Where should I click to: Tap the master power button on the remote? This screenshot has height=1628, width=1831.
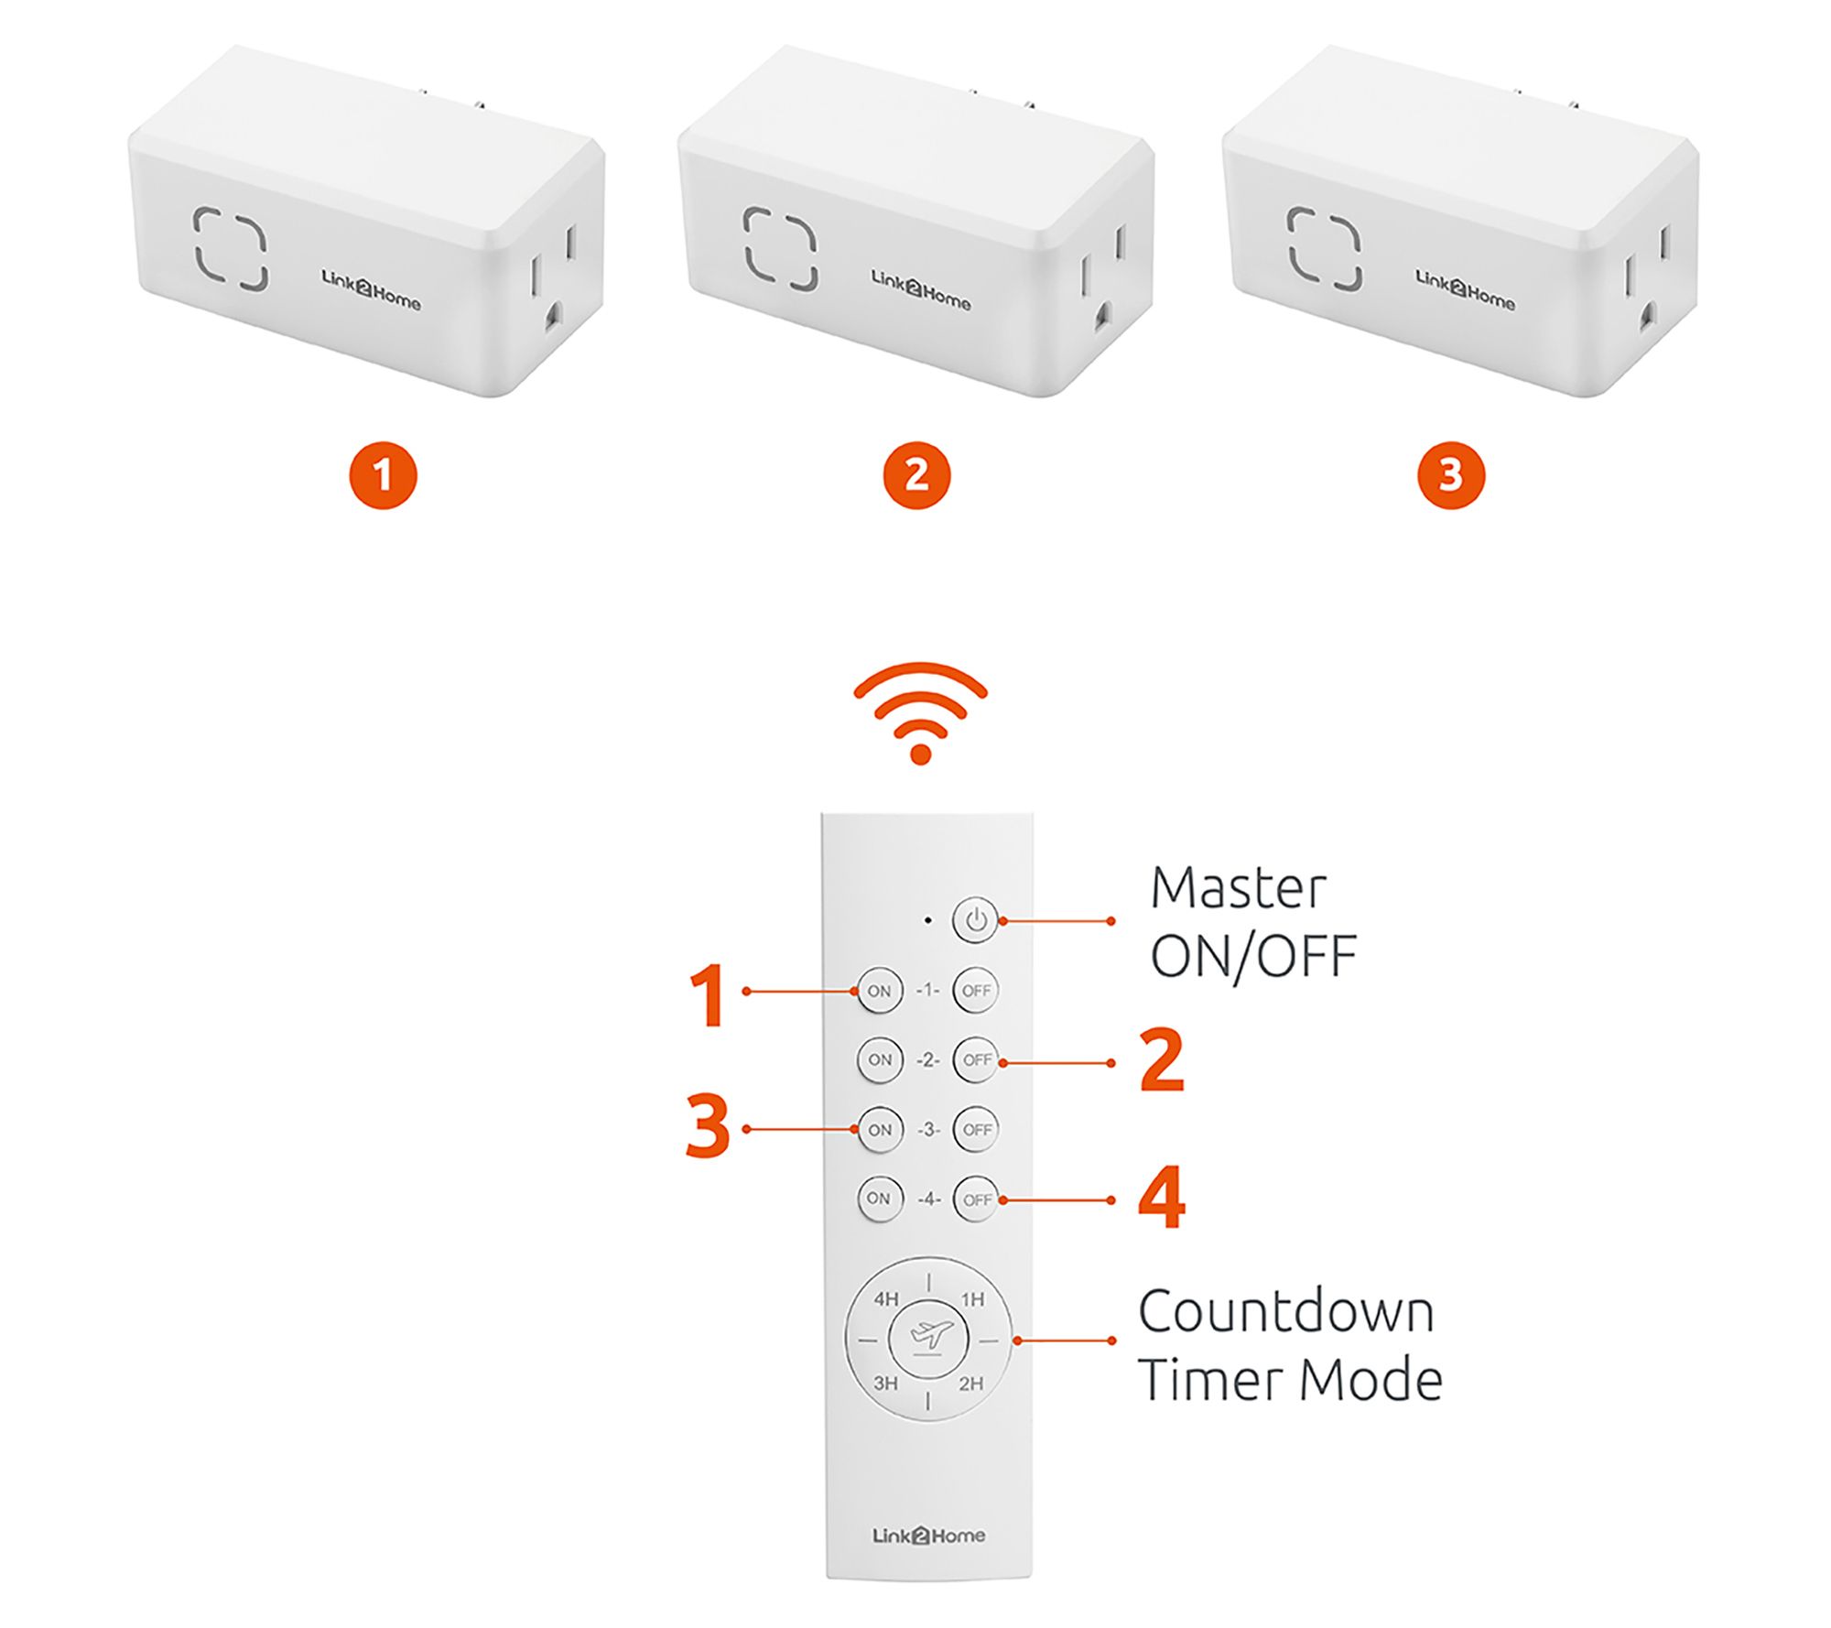976,920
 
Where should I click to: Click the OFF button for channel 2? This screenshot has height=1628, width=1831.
976,1060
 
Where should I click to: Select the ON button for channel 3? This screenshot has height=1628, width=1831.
880,1130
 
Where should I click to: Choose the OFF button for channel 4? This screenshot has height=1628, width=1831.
976,1199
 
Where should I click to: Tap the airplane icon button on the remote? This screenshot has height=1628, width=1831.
928,1339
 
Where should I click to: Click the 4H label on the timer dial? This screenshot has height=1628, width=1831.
886,1299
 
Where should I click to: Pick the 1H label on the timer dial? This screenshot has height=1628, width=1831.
972,1299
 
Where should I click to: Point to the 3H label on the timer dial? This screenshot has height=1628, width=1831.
885,1383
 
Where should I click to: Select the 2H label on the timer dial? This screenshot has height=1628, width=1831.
970,1383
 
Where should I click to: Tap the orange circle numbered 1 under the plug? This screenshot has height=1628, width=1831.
383,475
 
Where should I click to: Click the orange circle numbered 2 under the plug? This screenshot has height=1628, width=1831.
916,475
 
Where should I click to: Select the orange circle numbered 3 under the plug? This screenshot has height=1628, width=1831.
1451,475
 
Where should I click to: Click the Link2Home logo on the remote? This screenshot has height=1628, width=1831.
928,1535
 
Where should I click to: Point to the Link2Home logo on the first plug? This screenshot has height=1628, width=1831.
371,289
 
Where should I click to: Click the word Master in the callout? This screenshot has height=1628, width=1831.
1238,887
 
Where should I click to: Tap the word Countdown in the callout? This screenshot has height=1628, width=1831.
1286,1311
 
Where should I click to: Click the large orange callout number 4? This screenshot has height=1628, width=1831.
1162,1198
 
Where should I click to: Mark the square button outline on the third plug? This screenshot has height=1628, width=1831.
1324,248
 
